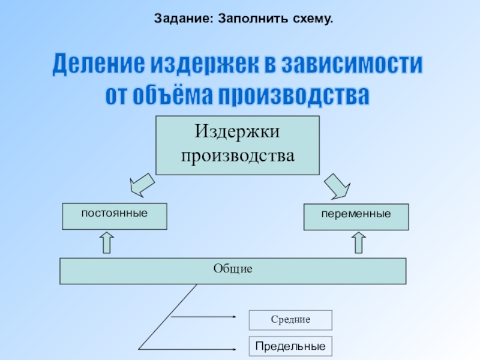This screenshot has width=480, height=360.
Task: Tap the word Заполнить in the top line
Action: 242,19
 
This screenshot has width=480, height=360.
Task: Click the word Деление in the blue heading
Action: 95,65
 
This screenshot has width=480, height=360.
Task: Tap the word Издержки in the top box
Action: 238,131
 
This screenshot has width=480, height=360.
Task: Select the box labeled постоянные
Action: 115,216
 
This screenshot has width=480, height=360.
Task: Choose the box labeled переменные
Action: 356,217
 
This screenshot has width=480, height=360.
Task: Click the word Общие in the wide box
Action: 233,269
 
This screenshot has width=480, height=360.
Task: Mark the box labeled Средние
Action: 290,320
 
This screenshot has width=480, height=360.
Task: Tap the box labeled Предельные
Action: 290,346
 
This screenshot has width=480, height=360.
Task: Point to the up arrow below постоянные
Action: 106,242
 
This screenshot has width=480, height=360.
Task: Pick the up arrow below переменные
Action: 358,242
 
